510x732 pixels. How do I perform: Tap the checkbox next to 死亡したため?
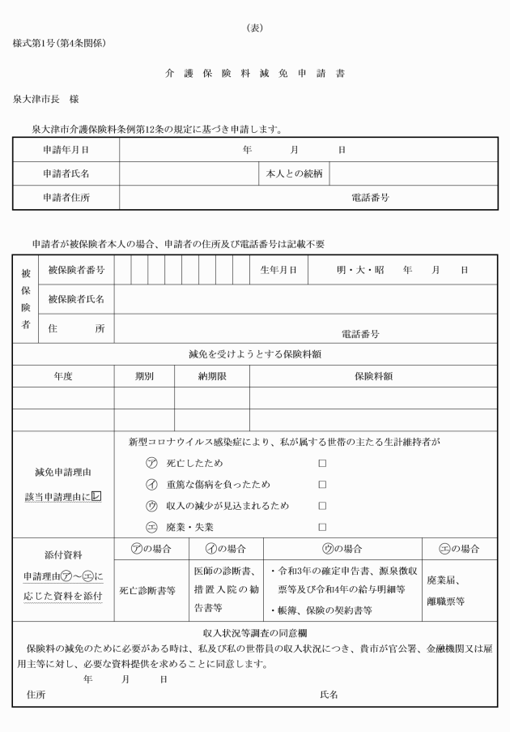[x=322, y=463]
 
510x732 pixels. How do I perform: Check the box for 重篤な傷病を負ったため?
[x=322, y=484]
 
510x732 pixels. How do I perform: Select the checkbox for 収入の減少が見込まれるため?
[x=322, y=506]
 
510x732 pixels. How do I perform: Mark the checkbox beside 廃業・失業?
[x=322, y=527]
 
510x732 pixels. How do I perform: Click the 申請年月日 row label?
[x=66, y=150]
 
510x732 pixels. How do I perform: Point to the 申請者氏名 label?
[x=66, y=173]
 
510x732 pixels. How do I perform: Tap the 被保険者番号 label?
[x=75, y=269]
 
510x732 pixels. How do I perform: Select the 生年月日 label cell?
[x=278, y=269]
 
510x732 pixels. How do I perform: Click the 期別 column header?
[x=144, y=376]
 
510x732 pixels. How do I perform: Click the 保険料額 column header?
[x=373, y=376]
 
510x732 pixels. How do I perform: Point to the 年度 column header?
[x=63, y=376]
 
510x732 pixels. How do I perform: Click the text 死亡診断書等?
[x=147, y=591]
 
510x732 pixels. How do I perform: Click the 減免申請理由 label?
[x=62, y=472]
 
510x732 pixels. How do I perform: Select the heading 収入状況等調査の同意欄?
[x=255, y=632]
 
